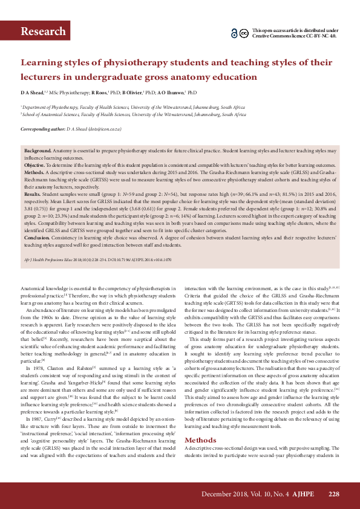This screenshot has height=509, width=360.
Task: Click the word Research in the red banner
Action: click(43, 31)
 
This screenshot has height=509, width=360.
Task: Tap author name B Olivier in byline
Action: click(131, 93)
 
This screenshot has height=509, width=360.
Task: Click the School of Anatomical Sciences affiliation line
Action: click(133, 114)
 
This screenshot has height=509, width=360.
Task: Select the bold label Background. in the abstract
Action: click(38, 149)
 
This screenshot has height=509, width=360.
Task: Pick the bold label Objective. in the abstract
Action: click(34, 165)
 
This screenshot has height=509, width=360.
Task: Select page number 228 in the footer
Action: click(333, 494)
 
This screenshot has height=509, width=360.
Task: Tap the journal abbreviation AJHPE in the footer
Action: click(306, 494)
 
